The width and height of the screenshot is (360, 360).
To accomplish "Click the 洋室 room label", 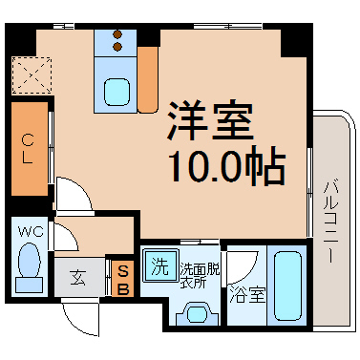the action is click(x=210, y=121).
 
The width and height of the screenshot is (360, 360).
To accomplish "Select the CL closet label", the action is click(x=28, y=148).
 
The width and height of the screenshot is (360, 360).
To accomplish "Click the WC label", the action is click(x=31, y=232).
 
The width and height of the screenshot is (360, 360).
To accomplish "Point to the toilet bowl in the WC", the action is click(x=30, y=260).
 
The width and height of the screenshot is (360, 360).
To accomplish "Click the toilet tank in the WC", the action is click(x=30, y=285).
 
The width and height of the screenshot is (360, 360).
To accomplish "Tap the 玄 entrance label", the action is click(x=78, y=277).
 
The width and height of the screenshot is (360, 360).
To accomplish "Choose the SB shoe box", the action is click(x=123, y=279).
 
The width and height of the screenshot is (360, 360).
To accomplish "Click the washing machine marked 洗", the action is click(x=160, y=265).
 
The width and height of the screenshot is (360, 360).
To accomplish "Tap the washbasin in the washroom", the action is click(x=198, y=314).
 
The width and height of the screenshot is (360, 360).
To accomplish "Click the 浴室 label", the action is click(x=247, y=294).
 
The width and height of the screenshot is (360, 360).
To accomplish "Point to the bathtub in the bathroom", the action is click(x=287, y=286).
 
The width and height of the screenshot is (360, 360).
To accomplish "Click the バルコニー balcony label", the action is click(x=330, y=222).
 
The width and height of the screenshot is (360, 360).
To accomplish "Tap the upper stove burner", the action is click(x=117, y=34).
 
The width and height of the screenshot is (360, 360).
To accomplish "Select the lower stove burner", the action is click(x=117, y=47).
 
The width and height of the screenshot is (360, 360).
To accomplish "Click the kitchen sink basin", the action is click(x=117, y=92).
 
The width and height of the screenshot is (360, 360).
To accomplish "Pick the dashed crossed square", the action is click(x=32, y=75).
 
